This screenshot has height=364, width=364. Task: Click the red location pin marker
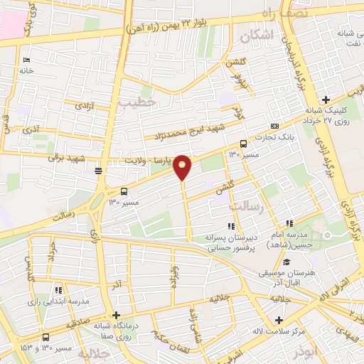pos(183,166)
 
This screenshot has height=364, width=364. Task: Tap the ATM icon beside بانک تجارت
pos(274,127)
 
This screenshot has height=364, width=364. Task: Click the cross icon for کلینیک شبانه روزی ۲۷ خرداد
pos(326,100)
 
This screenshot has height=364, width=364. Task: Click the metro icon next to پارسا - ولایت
pos(98,170)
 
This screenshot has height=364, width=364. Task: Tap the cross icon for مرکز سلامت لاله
pos(279,301)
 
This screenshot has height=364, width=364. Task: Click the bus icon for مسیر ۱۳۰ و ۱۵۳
pos(46,336)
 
